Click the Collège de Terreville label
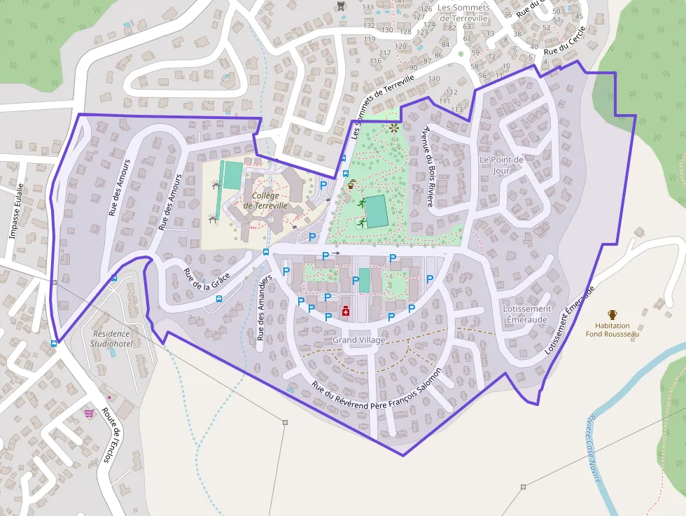[x=265, y=201]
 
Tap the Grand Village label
[x=359, y=340]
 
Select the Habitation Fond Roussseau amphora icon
[x=612, y=314]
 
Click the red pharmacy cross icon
[x=345, y=311]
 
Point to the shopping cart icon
[x=89, y=413]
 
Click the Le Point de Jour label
[x=501, y=165]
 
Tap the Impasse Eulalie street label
[x=17, y=211]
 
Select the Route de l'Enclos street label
[x=111, y=435]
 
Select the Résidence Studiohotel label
[x=112, y=340]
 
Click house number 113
[x=457, y=110]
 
